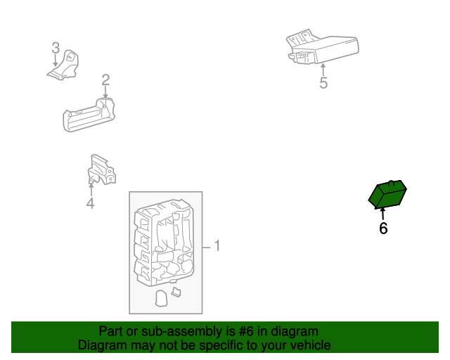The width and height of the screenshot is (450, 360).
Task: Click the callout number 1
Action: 217,246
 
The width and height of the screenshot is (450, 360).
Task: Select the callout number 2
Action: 105,79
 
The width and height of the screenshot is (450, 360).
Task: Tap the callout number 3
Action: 56,48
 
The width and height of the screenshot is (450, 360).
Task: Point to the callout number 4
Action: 90,204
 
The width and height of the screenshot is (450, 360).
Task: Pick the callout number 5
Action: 323,84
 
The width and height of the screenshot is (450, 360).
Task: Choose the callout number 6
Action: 383,229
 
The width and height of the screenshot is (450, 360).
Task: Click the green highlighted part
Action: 387,195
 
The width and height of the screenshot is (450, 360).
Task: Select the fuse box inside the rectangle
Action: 165,243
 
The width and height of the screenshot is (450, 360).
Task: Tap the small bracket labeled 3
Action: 65,65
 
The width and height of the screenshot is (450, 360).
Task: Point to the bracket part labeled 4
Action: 100,171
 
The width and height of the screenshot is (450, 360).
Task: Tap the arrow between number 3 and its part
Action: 56,60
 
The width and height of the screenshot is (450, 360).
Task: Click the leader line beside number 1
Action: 207,247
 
